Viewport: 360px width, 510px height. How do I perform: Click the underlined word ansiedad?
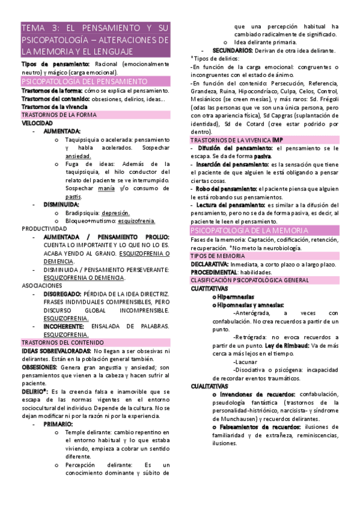(78, 156)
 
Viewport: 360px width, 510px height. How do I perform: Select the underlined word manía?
(106, 188)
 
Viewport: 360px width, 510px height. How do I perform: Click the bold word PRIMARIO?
(58, 424)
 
